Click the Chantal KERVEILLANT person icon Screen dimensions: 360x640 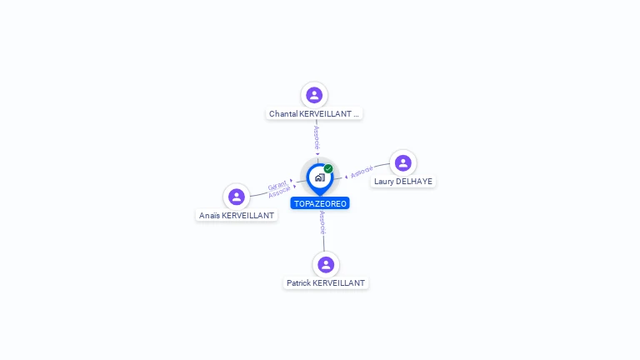[314, 95]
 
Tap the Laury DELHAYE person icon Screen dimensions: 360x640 [403, 162]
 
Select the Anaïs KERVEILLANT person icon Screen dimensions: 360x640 [237, 197]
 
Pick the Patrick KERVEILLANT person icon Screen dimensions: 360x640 [326, 264]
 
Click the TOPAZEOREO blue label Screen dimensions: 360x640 [320, 203]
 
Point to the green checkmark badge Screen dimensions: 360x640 [328, 168]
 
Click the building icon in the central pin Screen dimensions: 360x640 [319, 177]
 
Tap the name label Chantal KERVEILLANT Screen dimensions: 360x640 [314, 114]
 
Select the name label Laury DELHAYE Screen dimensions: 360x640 [403, 182]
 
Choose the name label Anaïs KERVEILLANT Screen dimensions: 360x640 [237, 216]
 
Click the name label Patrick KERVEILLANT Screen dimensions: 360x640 [326, 283]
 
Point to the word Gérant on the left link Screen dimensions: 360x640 [277, 185]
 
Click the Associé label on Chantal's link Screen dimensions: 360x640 [317, 138]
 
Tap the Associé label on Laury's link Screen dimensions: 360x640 [362, 172]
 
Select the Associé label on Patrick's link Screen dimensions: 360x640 [322, 222]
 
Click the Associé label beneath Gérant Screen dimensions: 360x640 [280, 192]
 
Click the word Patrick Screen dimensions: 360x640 [298, 283]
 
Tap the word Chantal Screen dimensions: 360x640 [283, 114]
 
